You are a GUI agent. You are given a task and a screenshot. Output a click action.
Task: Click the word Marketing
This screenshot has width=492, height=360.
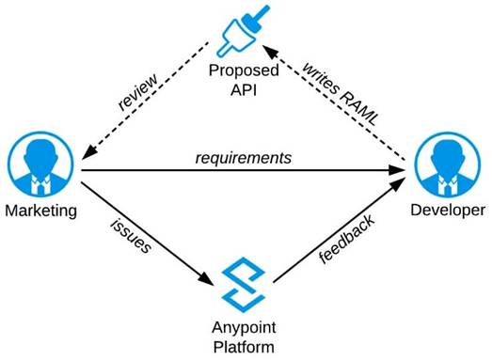pyautogui.click(x=40, y=210)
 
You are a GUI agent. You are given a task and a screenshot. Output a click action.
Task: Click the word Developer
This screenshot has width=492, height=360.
pyautogui.click(x=449, y=210)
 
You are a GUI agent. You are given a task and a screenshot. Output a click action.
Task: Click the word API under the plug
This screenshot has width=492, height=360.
pyautogui.click(x=244, y=92)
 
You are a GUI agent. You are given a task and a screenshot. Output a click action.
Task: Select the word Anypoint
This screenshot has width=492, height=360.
pyautogui.click(x=244, y=328)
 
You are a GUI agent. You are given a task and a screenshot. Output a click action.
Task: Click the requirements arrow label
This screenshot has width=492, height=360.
pyautogui.click(x=244, y=157)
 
